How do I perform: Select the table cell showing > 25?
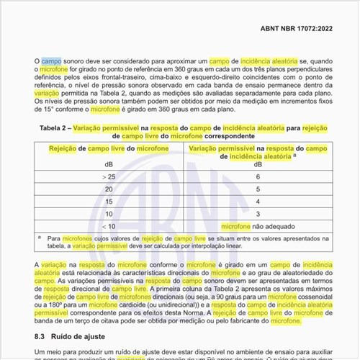[109, 176]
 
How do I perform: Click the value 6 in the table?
[258, 176]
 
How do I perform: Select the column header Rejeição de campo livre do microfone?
[109, 148]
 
